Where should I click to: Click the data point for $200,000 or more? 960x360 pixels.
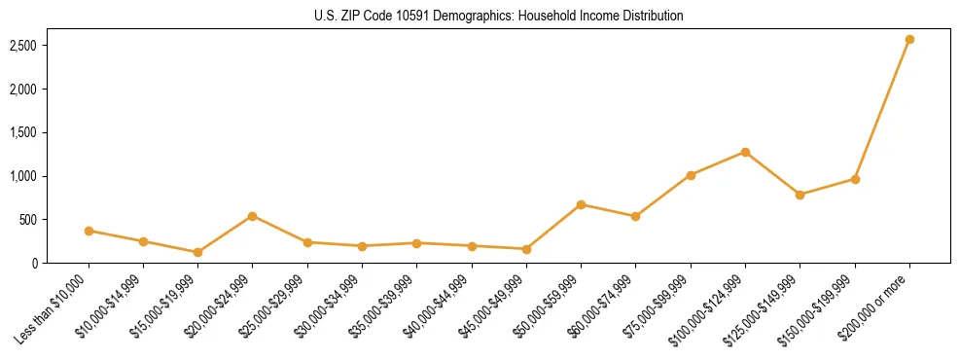[909, 39]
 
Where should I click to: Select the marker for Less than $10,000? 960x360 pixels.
[89, 231]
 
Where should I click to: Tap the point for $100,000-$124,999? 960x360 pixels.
[745, 152]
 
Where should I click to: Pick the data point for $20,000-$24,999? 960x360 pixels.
[253, 216]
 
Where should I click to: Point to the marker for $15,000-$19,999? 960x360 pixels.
[198, 252]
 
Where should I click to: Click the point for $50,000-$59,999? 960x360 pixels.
[581, 204]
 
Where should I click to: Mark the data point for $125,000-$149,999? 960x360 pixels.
[800, 195]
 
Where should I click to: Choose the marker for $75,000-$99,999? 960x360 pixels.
[691, 175]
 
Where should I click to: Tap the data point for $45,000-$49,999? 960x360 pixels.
[526, 249]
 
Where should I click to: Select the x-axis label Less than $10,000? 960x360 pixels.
[54, 308]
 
